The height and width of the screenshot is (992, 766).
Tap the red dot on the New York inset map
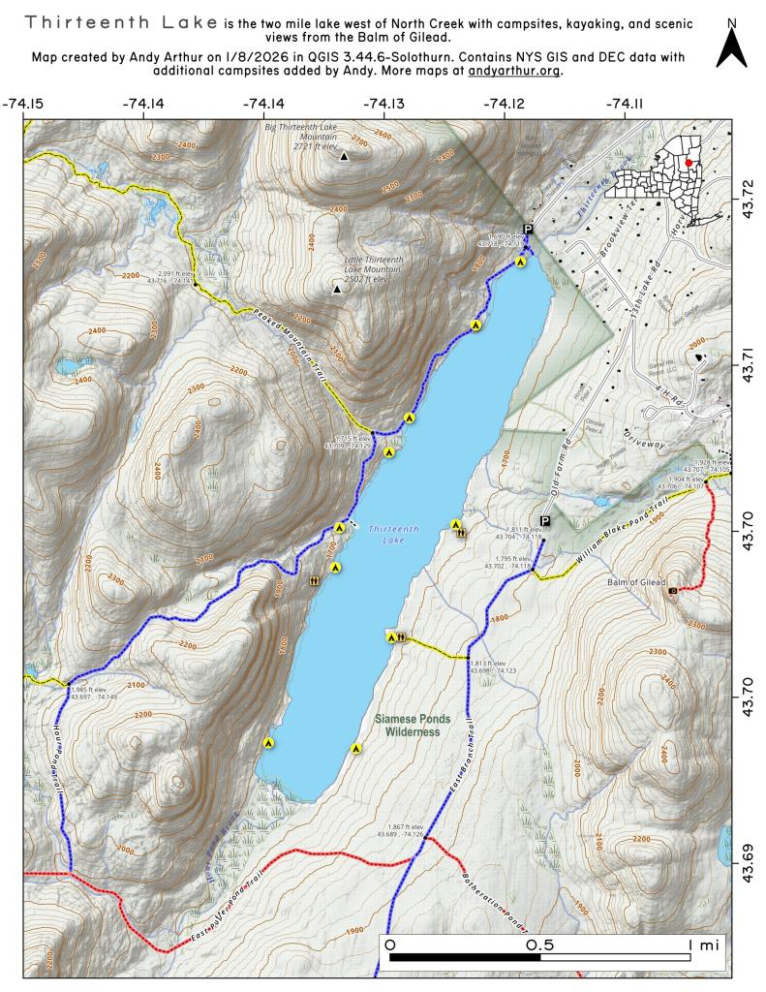688,163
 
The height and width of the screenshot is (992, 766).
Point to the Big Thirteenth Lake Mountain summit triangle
344,156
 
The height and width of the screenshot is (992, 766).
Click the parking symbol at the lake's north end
528,230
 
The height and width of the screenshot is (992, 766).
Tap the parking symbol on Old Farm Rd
544,521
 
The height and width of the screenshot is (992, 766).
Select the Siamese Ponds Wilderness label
408,726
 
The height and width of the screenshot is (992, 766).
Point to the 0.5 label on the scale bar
540,944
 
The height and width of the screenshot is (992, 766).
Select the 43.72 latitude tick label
747,184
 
